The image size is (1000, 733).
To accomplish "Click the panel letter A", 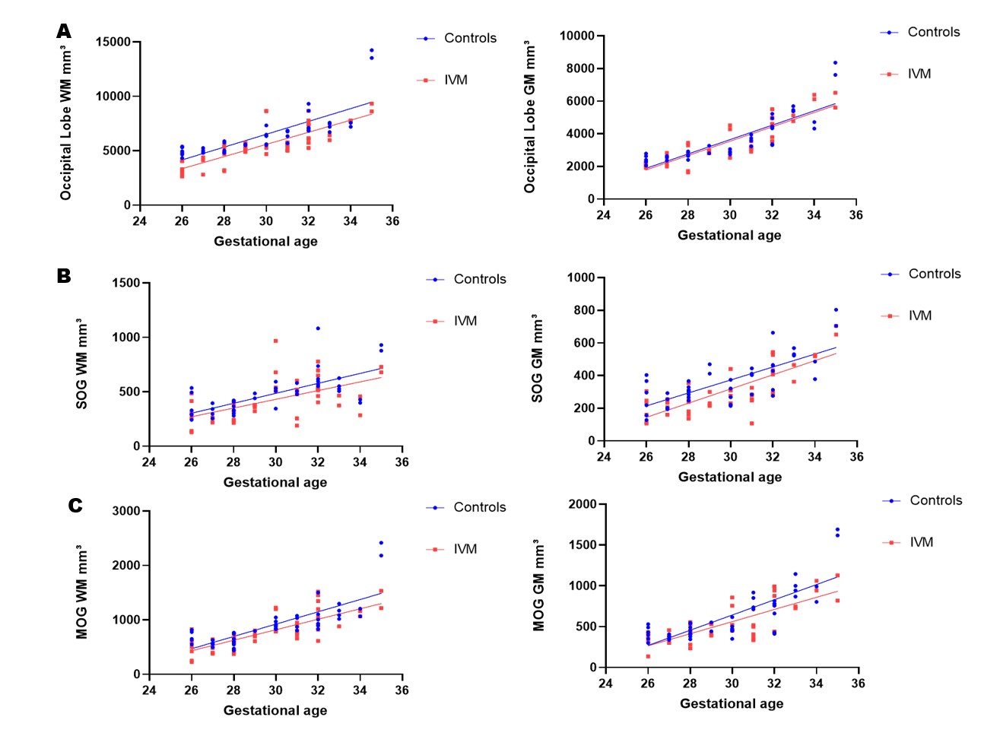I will click(64, 31).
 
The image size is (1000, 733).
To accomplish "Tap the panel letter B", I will click(64, 276).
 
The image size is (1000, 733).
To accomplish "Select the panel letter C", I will click(75, 506).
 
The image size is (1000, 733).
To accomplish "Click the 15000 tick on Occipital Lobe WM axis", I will click(113, 42).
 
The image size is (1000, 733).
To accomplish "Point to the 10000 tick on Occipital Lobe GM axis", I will click(577, 36).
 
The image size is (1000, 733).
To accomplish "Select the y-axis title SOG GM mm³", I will click(537, 358).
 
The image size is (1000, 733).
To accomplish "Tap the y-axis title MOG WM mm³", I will click(81, 592).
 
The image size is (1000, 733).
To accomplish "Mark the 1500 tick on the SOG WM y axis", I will click(126, 283).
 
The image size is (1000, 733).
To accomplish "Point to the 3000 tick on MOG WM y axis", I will click(126, 511).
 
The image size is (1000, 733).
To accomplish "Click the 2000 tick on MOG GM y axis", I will click(583, 504).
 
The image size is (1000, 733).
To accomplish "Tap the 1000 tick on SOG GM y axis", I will click(581, 278).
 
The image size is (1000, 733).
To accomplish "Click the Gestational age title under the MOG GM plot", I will click(731, 703).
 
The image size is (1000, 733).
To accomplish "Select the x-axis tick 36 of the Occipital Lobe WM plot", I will click(392, 221).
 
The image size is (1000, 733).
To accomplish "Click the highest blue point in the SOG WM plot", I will click(318, 328).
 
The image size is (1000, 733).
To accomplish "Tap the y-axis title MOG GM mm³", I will click(538, 585).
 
